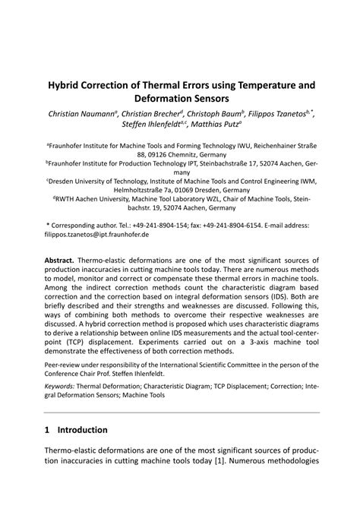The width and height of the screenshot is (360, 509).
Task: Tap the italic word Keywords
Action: coord(62,386)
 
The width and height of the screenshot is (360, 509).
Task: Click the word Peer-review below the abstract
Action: coord(64,364)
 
